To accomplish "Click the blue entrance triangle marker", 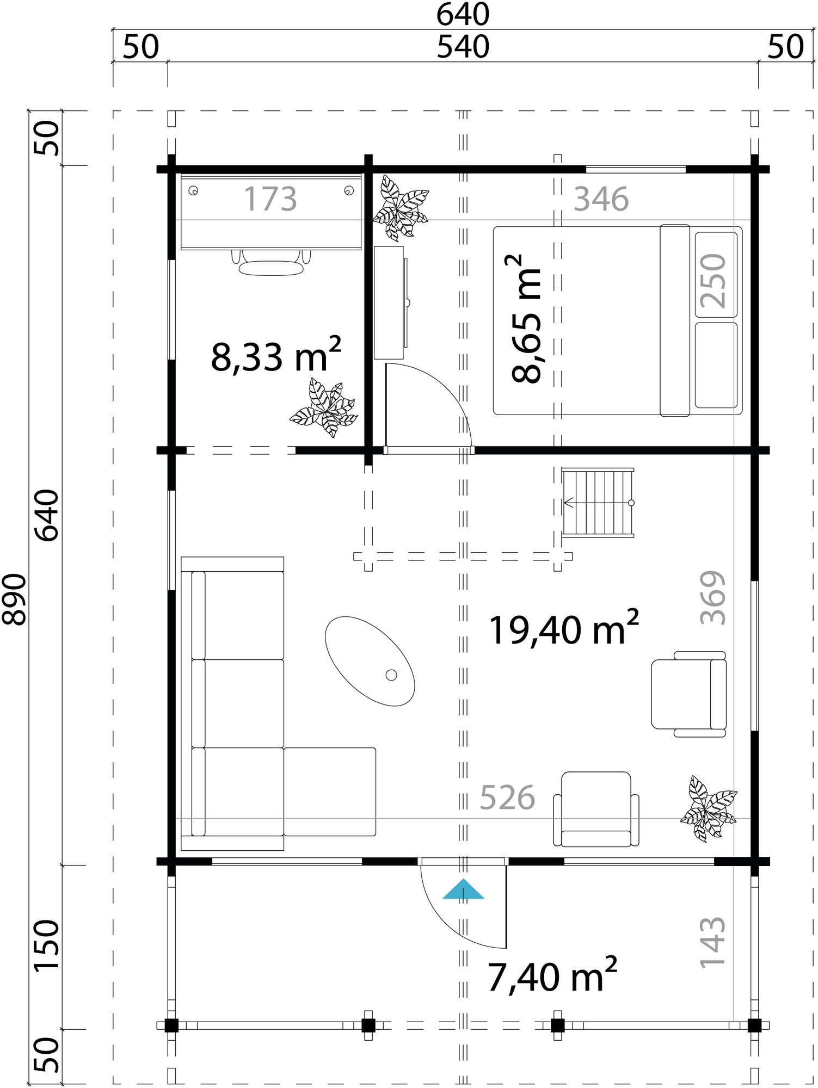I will click(463, 890).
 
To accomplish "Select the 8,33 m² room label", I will click(275, 356).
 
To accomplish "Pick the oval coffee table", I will click(370, 661).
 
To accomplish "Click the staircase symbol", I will click(598, 503).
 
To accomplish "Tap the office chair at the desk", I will click(271, 263).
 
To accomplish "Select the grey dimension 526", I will click(507, 798).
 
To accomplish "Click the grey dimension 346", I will click(601, 199).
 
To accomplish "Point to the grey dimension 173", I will click(270, 199).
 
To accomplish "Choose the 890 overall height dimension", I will click(15, 599).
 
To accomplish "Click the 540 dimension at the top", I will click(463, 47).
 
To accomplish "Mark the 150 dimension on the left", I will click(47, 945).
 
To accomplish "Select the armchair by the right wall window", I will click(688, 694).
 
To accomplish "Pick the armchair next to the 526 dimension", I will click(596, 809).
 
